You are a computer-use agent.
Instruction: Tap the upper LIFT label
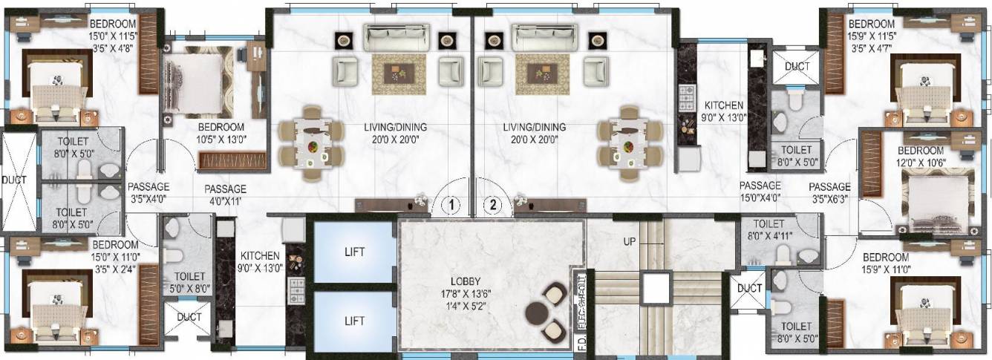[354, 252]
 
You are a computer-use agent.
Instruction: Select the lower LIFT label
[354, 321]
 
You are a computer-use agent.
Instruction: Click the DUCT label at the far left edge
[13, 180]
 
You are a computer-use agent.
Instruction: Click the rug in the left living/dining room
[398, 72]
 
